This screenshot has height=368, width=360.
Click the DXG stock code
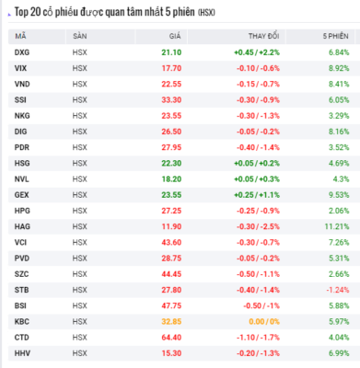tap(22, 52)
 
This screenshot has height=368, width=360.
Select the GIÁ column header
tap(175, 36)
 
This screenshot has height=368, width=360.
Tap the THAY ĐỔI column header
tap(264, 36)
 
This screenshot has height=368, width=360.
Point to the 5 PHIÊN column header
tap(336, 36)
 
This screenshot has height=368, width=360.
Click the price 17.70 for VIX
tap(171, 68)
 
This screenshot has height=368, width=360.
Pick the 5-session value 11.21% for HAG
tap(337, 226)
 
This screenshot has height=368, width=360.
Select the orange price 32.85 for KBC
tap(171, 322)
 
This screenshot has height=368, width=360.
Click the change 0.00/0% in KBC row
tap(264, 322)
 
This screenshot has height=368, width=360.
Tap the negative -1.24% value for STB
tap(338, 290)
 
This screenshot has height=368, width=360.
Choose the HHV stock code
tap(22, 353)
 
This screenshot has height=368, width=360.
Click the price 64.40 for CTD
tap(171, 338)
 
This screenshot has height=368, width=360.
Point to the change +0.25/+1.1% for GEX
tap(257, 195)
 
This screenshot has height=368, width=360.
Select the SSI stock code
tap(20, 100)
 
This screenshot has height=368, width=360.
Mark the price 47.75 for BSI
tap(171, 305)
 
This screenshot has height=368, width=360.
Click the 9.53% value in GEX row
tap(339, 195)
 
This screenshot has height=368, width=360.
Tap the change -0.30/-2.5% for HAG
tap(258, 226)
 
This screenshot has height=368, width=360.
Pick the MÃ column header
tap(20, 36)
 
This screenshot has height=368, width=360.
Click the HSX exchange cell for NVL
tap(80, 179)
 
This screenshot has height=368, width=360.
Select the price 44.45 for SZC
tap(171, 274)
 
